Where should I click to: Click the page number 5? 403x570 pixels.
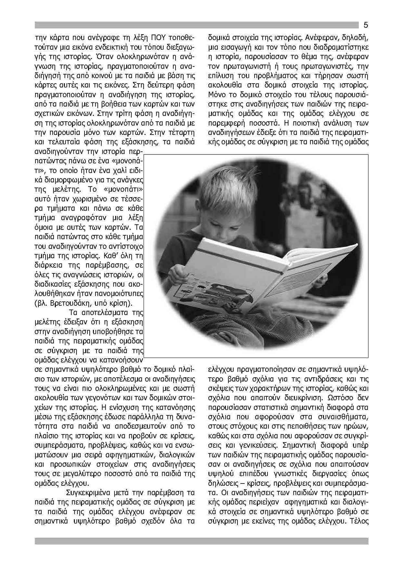tap(366, 25)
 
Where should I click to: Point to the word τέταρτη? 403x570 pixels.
tap(181, 133)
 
